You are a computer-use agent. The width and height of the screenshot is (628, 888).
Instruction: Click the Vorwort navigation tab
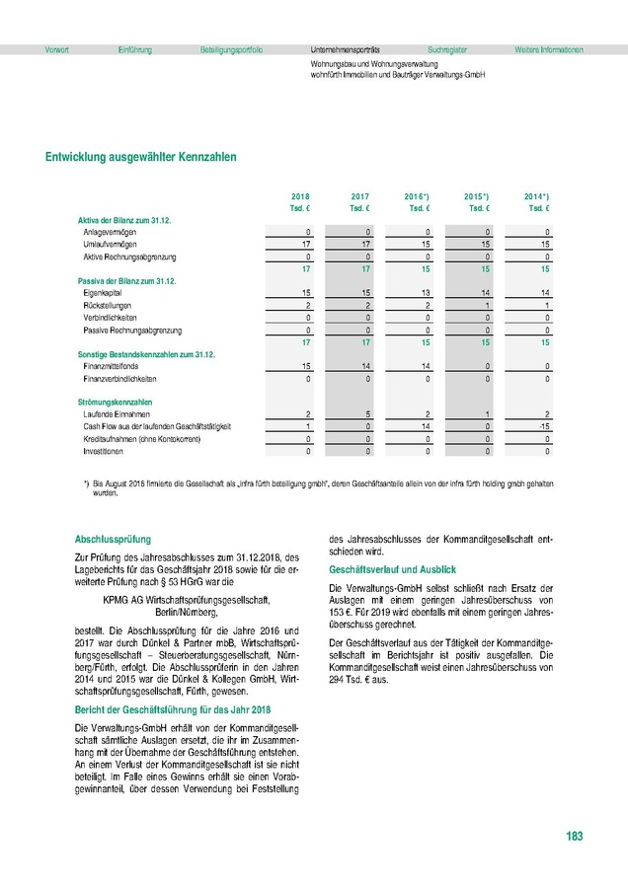click(57, 49)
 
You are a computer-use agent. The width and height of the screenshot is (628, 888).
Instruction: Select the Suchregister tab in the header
click(447, 49)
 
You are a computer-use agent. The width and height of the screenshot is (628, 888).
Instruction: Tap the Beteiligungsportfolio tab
click(231, 49)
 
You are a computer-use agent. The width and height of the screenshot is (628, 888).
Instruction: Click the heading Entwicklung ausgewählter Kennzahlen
click(140, 157)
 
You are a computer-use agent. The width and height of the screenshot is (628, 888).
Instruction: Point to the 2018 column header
click(300, 197)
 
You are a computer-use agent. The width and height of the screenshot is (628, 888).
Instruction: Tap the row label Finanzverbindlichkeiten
click(120, 379)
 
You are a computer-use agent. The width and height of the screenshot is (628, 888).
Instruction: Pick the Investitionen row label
click(106, 451)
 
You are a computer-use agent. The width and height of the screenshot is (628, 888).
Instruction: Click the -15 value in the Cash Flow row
click(543, 426)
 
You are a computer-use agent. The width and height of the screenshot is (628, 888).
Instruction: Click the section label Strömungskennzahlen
click(115, 403)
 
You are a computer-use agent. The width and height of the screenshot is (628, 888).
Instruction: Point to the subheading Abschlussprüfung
click(113, 540)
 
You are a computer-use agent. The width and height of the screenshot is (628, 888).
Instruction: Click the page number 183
click(574, 837)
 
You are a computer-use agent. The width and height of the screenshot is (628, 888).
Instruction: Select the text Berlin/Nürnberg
click(188, 612)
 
